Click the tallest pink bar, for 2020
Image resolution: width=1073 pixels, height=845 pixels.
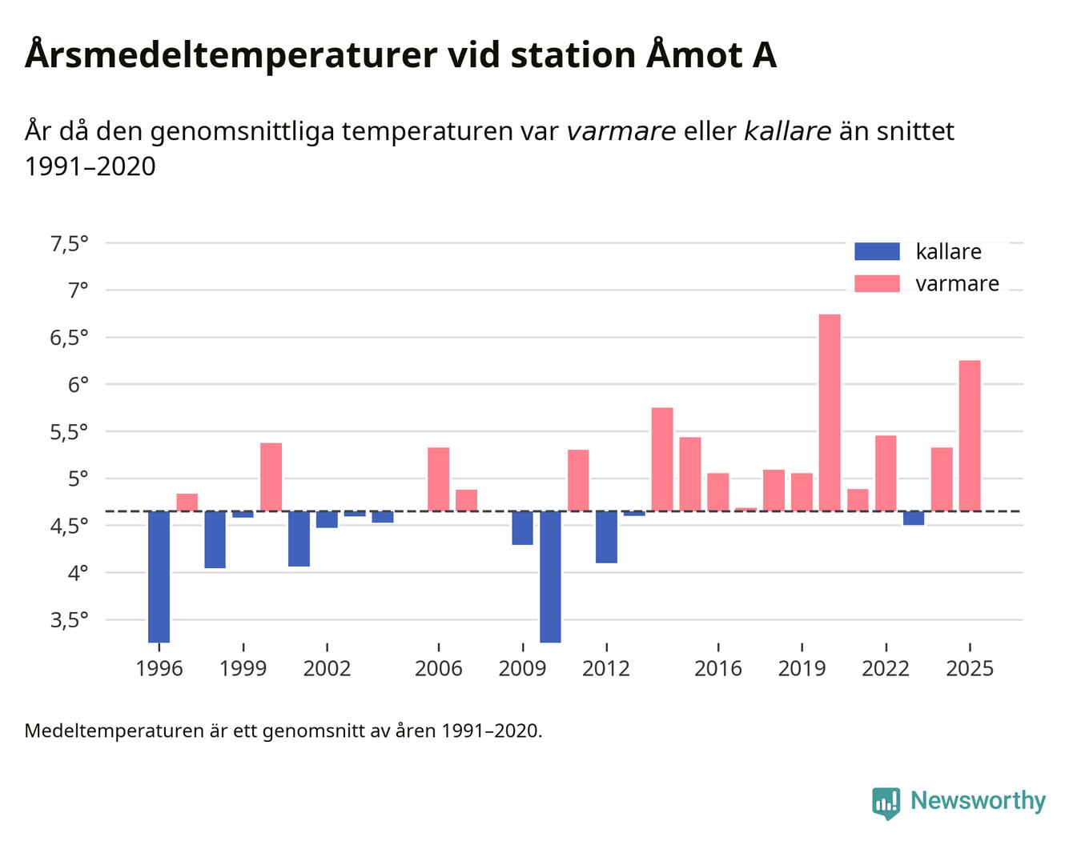click(830, 412)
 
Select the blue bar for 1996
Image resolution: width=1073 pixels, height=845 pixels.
click(159, 576)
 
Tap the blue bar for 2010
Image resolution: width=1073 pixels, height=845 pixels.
click(550, 576)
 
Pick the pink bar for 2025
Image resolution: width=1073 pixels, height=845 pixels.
click(970, 435)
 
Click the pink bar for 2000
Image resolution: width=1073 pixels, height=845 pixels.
click(271, 477)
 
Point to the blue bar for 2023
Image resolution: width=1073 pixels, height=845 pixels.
click(914, 518)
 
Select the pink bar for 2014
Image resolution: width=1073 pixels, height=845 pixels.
click(662, 459)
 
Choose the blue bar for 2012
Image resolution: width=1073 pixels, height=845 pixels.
click(606, 537)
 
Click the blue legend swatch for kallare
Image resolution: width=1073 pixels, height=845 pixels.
click(877, 251)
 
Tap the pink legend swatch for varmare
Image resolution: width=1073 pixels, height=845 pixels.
click(877, 283)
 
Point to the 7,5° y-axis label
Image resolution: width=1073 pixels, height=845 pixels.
click(69, 243)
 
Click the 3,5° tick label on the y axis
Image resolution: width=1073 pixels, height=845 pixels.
click(69, 620)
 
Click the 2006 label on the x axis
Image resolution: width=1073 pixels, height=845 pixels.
click(438, 668)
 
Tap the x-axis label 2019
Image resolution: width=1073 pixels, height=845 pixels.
click(802, 668)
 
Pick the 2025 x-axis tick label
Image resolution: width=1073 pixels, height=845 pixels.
click(970, 668)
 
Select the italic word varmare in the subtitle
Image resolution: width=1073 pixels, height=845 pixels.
click(621, 130)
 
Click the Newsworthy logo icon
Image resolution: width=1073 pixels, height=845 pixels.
click(886, 802)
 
